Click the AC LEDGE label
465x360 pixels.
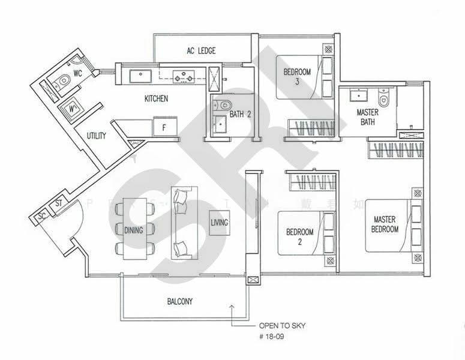tap(200, 51)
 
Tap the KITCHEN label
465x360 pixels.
tap(156, 98)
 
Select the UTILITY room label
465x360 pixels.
tap(96, 136)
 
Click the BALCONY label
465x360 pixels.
tap(180, 301)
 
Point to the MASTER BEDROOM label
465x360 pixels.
tap(385, 224)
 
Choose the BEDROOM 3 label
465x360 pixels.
tap(297, 77)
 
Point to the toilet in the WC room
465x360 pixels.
tap(64, 80)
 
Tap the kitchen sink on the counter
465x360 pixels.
tap(141, 76)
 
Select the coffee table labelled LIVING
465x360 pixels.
tap(218, 223)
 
